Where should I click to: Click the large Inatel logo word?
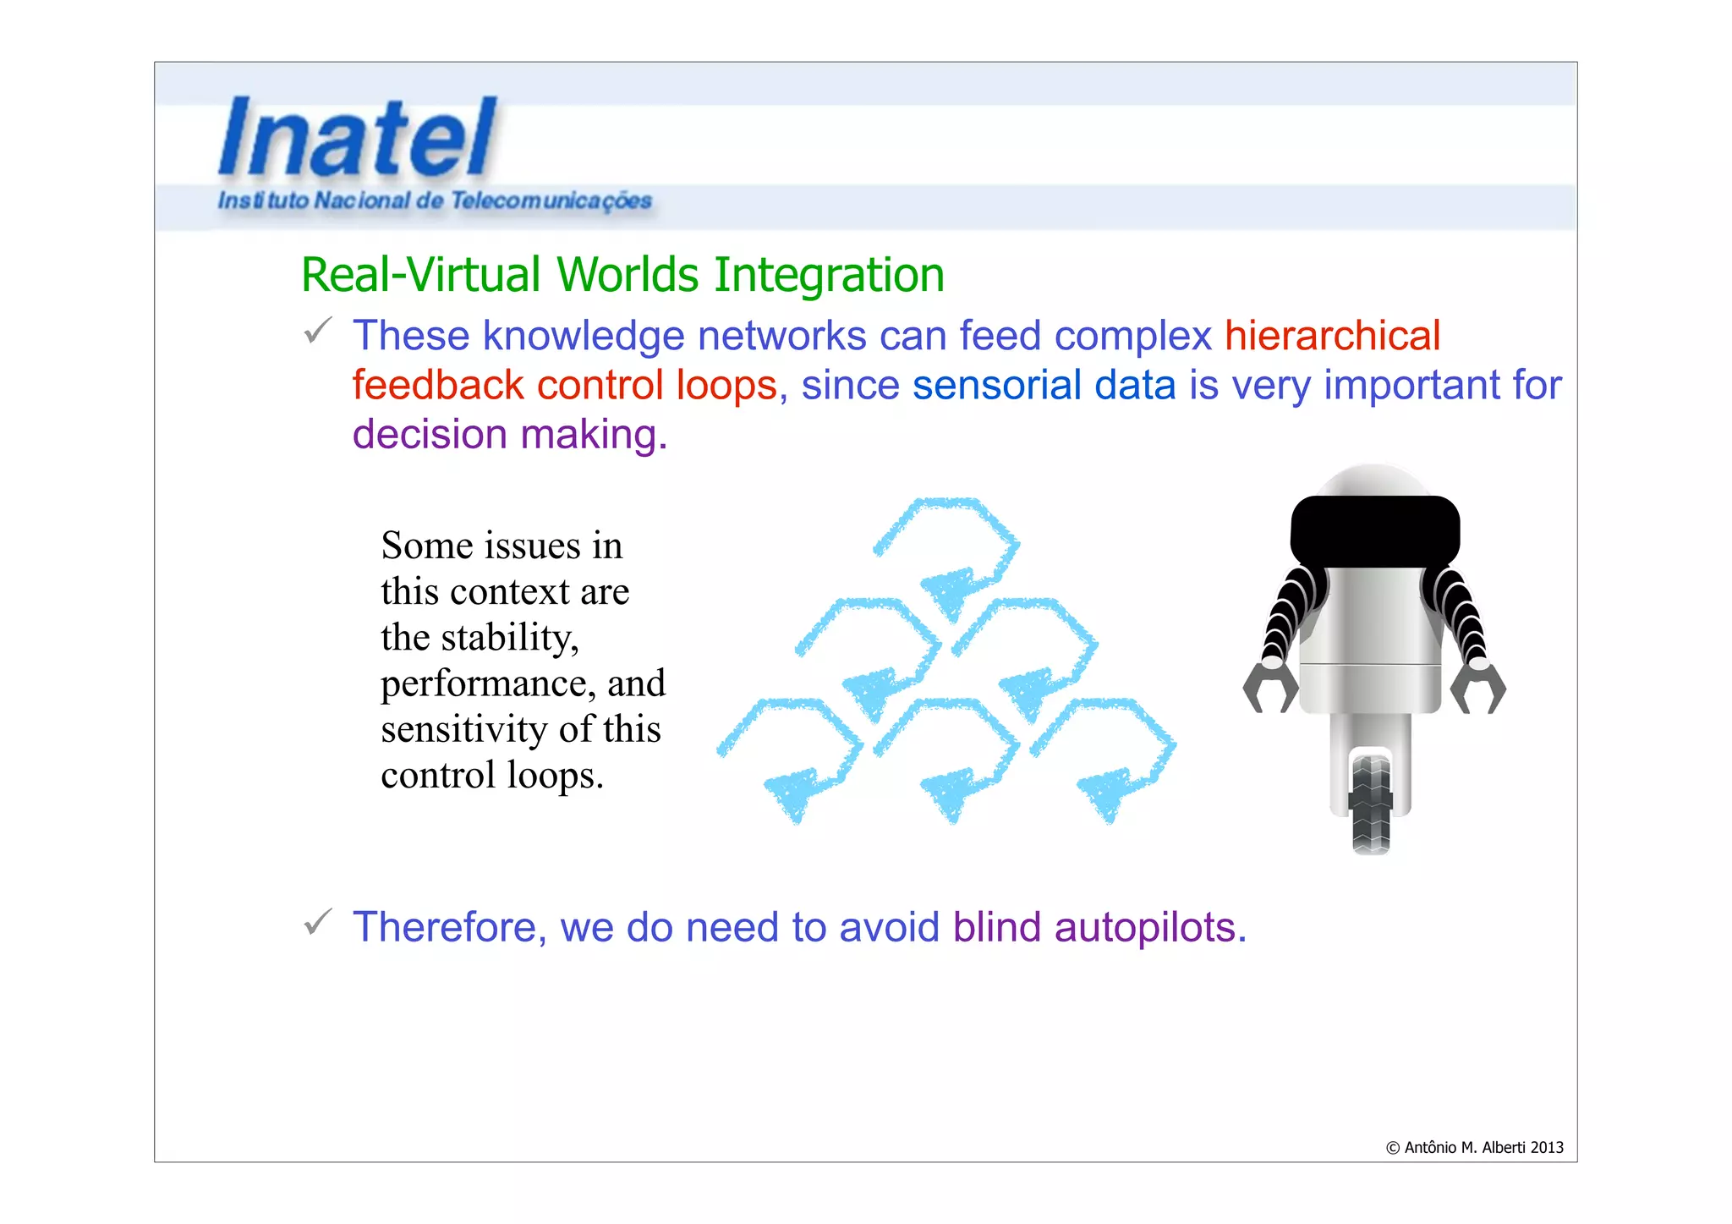[x=357, y=137]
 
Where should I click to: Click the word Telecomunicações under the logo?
[x=551, y=201]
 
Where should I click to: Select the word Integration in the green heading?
[x=829, y=276]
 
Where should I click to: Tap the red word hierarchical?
[x=1332, y=336]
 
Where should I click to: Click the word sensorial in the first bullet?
[x=995, y=386]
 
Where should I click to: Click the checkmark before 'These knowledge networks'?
[x=318, y=331]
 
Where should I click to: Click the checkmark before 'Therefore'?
[x=318, y=922]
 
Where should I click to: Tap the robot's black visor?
[x=1375, y=531]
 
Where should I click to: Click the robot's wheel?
[x=1371, y=804]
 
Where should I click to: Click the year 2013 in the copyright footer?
[x=1547, y=1148]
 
